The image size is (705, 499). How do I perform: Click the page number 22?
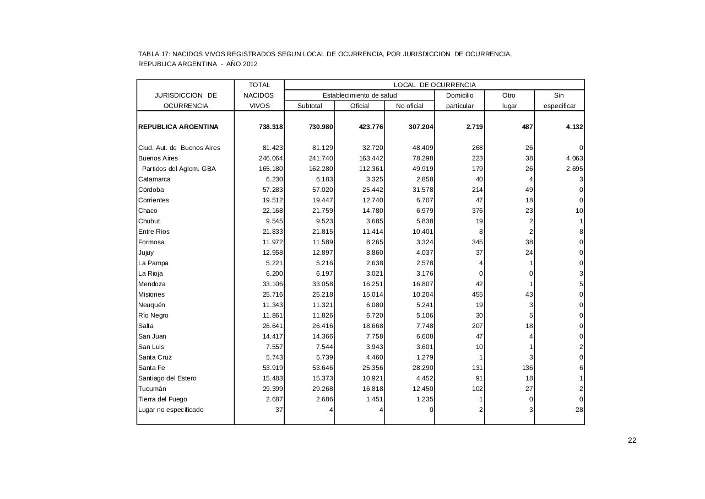(x=632, y=440)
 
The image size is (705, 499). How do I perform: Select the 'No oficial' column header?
(x=409, y=106)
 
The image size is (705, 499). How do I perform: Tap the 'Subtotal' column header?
(x=309, y=106)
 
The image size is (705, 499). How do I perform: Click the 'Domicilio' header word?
(x=459, y=95)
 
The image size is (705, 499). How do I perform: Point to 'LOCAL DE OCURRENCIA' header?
(x=434, y=85)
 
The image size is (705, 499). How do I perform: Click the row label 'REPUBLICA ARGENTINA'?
(x=178, y=127)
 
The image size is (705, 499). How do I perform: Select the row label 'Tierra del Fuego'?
(x=162, y=399)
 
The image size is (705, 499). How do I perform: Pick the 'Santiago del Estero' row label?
(x=167, y=378)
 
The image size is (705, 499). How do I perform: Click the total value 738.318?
(x=271, y=127)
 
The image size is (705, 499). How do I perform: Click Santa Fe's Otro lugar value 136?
(x=527, y=368)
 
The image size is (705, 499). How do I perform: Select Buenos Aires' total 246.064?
(x=271, y=158)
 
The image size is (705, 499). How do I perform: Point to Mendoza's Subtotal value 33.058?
(x=321, y=284)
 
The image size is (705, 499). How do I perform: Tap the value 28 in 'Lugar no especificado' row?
(x=579, y=410)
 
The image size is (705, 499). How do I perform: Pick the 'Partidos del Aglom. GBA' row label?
(x=179, y=169)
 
